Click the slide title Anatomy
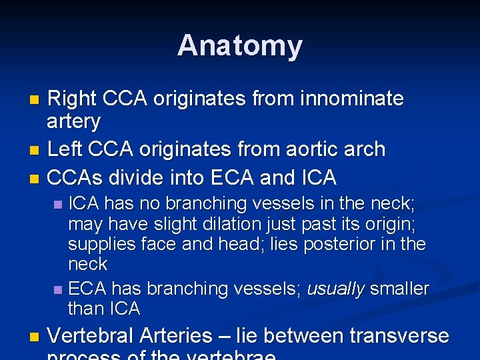(x=239, y=45)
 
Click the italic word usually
(x=335, y=289)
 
